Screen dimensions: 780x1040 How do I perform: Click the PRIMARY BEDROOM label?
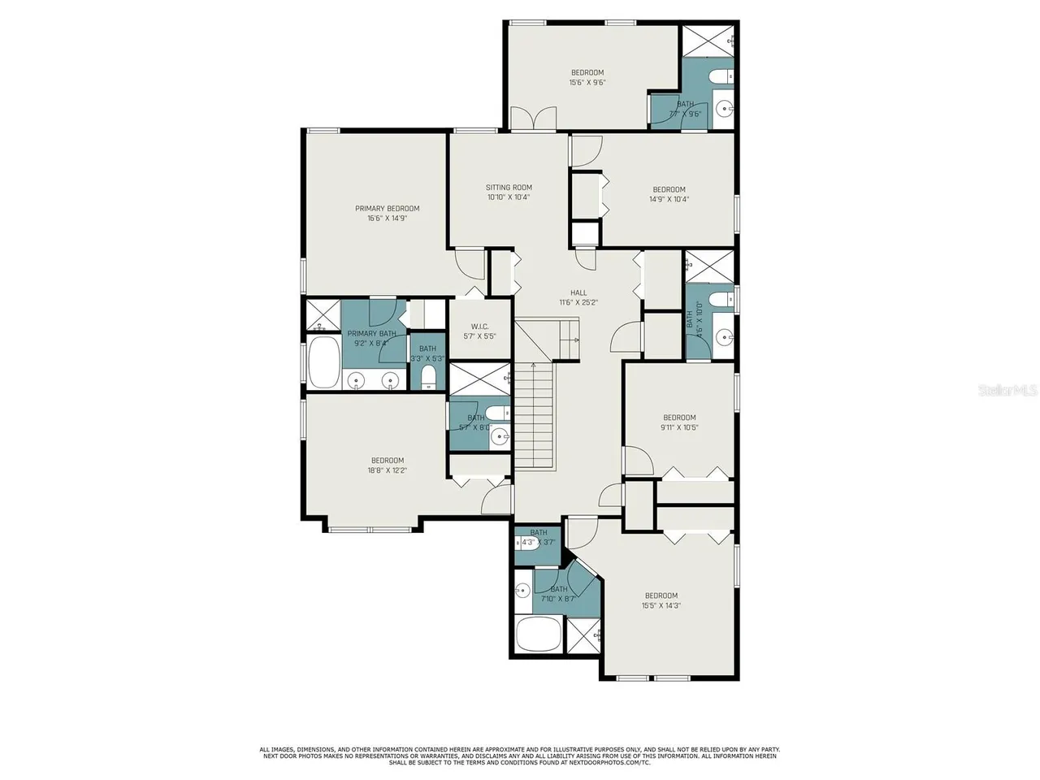click(387, 209)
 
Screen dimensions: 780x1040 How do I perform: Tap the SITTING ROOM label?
click(509, 188)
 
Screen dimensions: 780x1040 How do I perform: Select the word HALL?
click(578, 293)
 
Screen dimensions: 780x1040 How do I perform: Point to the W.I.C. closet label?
click(479, 327)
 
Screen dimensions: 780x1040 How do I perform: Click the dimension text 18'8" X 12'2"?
click(387, 470)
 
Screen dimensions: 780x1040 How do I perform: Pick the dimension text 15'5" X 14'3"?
click(661, 605)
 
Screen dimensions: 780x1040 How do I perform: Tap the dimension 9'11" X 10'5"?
click(679, 427)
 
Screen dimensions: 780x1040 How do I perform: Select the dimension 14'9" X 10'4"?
click(669, 199)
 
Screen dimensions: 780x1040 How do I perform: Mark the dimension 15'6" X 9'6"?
click(587, 82)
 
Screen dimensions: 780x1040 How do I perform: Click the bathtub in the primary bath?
click(323, 364)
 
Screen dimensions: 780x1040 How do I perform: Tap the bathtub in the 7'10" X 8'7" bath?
click(538, 635)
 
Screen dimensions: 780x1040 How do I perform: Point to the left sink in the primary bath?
click(356, 379)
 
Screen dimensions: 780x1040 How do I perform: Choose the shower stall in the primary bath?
click(322, 315)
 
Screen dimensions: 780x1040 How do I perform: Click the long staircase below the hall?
click(535, 414)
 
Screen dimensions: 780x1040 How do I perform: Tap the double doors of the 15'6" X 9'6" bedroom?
click(533, 119)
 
